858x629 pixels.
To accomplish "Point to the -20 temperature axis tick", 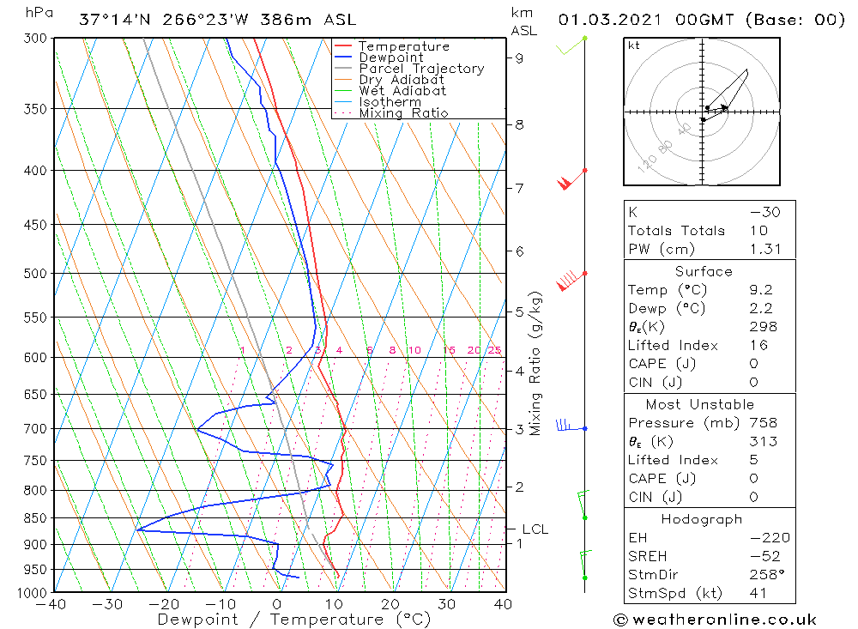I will [x=162, y=603].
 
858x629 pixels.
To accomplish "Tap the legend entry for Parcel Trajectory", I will [x=420, y=69].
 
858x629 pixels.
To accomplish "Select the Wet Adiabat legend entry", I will [x=402, y=91].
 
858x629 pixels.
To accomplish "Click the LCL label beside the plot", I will [x=535, y=529].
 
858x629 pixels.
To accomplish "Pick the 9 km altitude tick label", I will [x=520, y=58].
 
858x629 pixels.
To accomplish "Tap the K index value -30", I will [x=764, y=212].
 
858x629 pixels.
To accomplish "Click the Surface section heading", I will [x=704, y=271].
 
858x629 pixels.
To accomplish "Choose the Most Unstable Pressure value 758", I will [x=763, y=423].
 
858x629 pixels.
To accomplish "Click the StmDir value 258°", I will [x=764, y=575].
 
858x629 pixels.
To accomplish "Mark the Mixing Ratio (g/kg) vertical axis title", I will [x=536, y=363].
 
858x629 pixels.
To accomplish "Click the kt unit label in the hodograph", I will [x=633, y=45].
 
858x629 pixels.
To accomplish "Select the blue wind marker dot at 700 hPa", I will [x=585, y=428].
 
